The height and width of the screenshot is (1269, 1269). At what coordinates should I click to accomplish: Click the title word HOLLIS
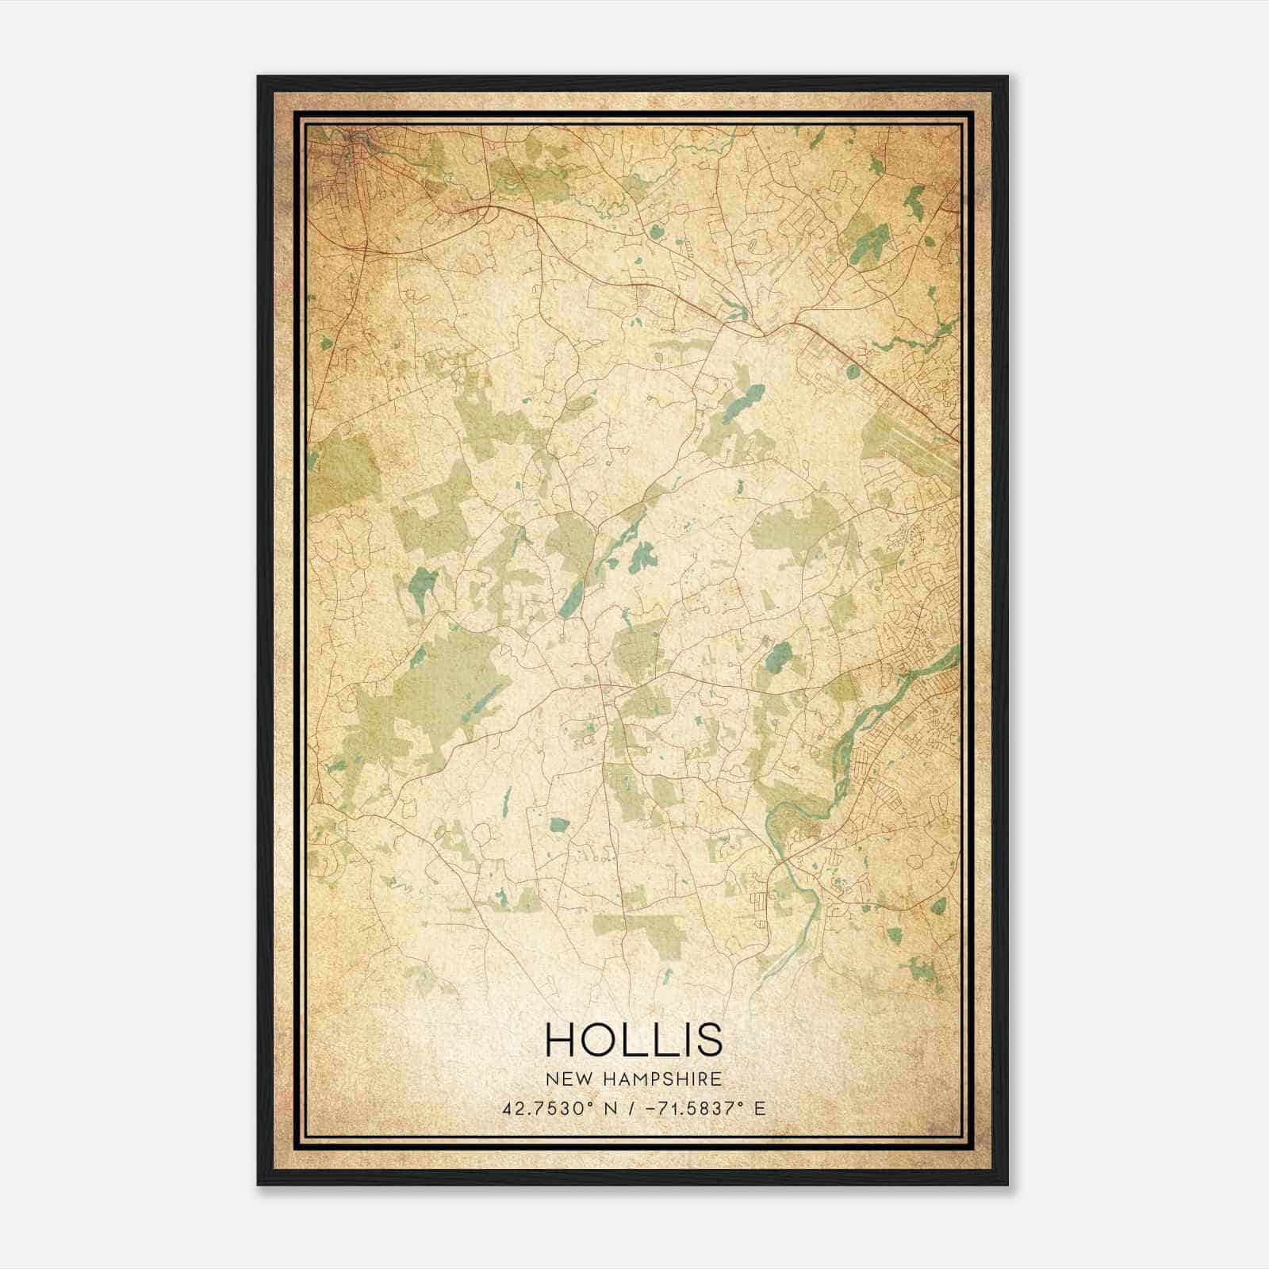point(634,1038)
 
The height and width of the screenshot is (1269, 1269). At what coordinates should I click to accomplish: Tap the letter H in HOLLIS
point(561,1038)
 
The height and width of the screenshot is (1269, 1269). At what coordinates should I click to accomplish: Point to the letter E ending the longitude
point(760,1108)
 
